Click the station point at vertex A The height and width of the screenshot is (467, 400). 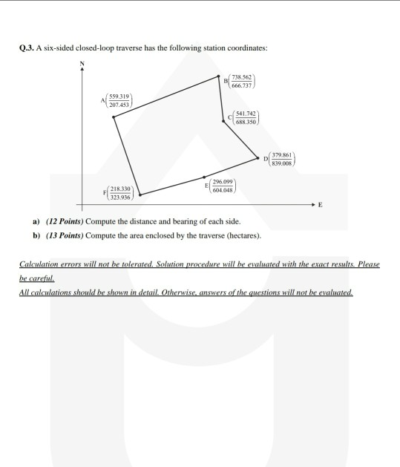pyautogui.click(x=114, y=117)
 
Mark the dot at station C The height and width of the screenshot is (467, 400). pyautogui.click(x=223, y=120)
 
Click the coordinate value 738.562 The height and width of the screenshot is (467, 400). pyautogui.click(x=242, y=78)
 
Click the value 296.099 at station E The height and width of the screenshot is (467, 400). pyautogui.click(x=223, y=181)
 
